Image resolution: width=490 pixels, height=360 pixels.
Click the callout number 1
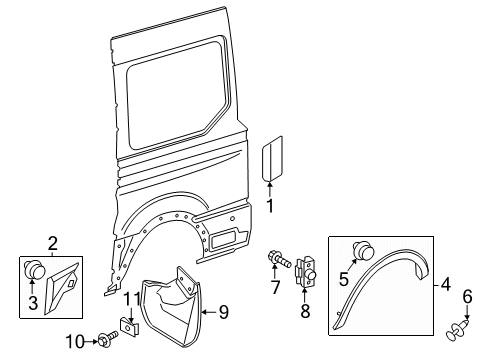[x=269, y=206]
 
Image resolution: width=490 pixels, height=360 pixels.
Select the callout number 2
[x=53, y=243]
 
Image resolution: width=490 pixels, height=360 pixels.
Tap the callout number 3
[x=33, y=302]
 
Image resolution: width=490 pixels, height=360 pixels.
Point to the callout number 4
[x=446, y=286]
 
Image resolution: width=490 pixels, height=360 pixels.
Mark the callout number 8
[x=306, y=311]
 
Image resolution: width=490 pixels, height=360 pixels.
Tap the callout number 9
[x=224, y=312]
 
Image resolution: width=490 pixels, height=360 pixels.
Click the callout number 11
[x=129, y=300]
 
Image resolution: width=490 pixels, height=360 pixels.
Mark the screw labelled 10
[x=105, y=342]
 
